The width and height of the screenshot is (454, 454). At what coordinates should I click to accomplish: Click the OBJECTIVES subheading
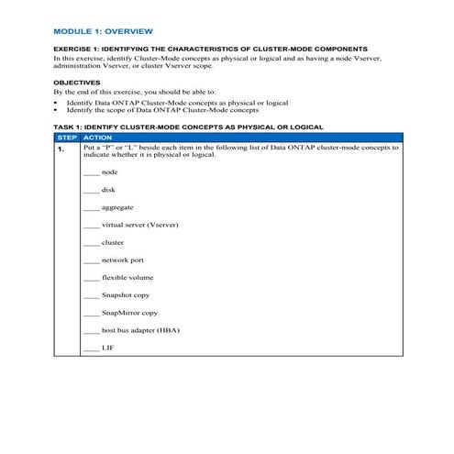click(76, 82)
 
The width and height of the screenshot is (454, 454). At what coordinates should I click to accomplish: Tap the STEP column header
click(67, 137)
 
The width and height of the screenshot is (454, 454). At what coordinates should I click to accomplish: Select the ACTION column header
click(98, 137)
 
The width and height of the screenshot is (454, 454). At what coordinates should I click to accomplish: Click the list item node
click(110, 172)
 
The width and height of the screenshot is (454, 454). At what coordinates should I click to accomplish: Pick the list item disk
click(108, 190)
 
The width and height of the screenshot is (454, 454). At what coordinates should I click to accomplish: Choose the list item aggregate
click(117, 207)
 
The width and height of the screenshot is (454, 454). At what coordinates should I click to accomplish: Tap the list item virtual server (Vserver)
click(139, 225)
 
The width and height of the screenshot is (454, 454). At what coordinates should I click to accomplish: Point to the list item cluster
click(113, 243)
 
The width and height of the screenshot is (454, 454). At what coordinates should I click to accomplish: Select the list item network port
click(123, 260)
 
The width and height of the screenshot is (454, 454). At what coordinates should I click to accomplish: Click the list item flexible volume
click(128, 278)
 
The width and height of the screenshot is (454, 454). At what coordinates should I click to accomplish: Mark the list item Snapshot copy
click(126, 295)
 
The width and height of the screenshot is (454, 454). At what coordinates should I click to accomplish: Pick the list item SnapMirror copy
click(129, 313)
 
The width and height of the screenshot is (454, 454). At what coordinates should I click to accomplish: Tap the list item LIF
click(108, 349)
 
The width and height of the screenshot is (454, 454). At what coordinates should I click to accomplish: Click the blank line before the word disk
click(91, 191)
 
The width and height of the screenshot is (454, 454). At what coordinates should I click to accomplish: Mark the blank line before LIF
click(91, 349)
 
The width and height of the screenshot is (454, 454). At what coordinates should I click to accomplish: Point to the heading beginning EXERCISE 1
click(210, 48)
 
